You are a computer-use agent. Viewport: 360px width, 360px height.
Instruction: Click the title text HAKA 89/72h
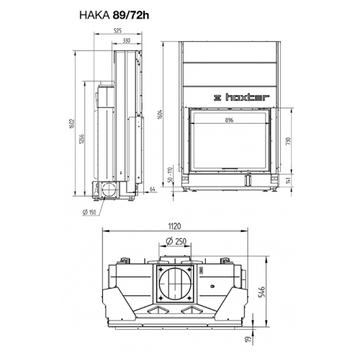coord(114,15)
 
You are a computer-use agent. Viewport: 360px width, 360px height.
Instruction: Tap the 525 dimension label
coord(117,31)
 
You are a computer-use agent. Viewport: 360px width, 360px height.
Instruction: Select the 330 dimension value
coord(126,40)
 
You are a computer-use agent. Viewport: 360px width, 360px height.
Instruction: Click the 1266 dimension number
coord(81,139)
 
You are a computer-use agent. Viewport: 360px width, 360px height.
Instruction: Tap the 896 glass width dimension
coord(229,120)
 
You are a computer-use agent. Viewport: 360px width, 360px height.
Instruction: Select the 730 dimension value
coord(289,140)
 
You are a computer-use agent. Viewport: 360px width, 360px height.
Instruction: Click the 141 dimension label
coord(289,180)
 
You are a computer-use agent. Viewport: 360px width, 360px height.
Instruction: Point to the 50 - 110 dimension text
coord(170,174)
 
